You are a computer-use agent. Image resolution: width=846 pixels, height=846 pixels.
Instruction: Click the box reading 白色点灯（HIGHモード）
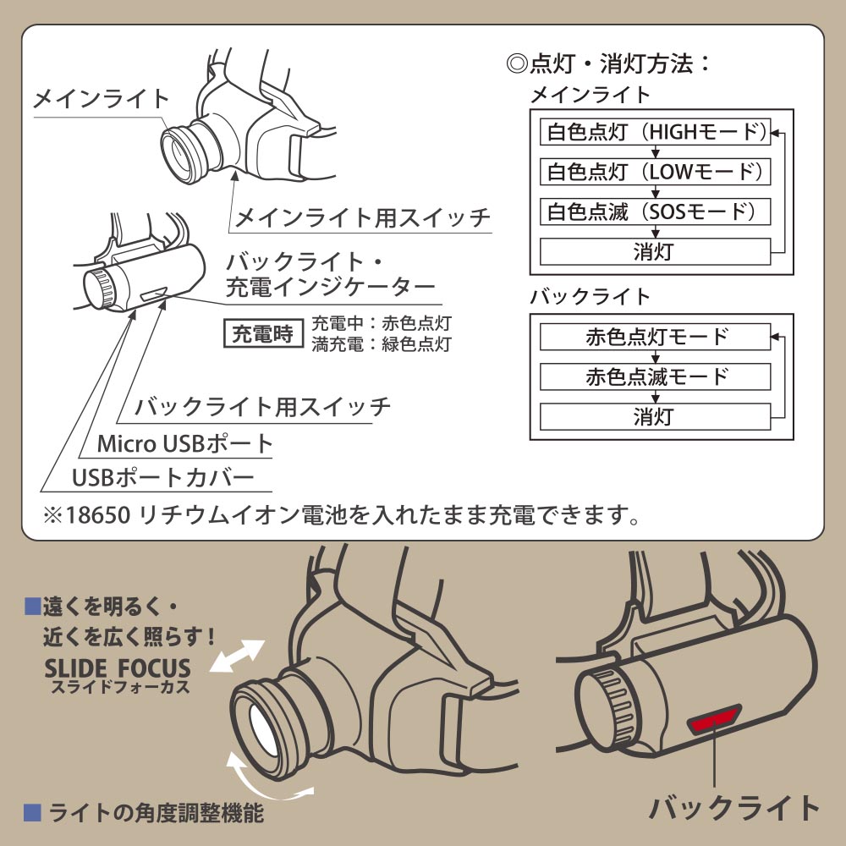[655, 132]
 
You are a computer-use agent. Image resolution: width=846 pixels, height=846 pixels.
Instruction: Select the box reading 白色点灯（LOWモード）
[655, 172]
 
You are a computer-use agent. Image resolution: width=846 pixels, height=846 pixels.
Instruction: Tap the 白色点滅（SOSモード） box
[655, 211]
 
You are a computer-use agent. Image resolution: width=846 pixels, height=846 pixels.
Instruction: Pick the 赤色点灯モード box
[655, 337]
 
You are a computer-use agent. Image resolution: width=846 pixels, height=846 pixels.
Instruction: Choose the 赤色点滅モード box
[655, 376]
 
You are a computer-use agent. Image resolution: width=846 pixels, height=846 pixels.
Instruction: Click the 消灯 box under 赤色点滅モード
[655, 416]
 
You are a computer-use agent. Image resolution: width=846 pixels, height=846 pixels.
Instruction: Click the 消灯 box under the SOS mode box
[655, 251]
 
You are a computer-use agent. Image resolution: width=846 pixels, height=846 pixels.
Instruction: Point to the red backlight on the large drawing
[713, 719]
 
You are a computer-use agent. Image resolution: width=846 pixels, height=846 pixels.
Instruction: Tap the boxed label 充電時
[263, 333]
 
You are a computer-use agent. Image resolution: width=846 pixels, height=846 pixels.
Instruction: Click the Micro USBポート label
[185, 444]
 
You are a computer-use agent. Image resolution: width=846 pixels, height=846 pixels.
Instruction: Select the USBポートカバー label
[163, 477]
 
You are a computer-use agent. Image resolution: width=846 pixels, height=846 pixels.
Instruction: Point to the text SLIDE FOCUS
[118, 668]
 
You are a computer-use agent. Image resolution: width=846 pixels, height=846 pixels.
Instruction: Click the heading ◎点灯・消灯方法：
[608, 64]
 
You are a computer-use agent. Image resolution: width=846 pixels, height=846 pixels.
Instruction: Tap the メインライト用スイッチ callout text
[363, 217]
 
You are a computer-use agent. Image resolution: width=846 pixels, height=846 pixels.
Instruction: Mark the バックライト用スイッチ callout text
[262, 407]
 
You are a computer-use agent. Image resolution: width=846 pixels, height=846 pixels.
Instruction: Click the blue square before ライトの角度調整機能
[32, 812]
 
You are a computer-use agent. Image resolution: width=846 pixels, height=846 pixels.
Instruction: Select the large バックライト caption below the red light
[734, 808]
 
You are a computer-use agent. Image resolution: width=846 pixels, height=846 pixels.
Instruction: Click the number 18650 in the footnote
[97, 515]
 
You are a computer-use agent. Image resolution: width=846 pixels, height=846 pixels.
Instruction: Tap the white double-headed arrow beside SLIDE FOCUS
[238, 656]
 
